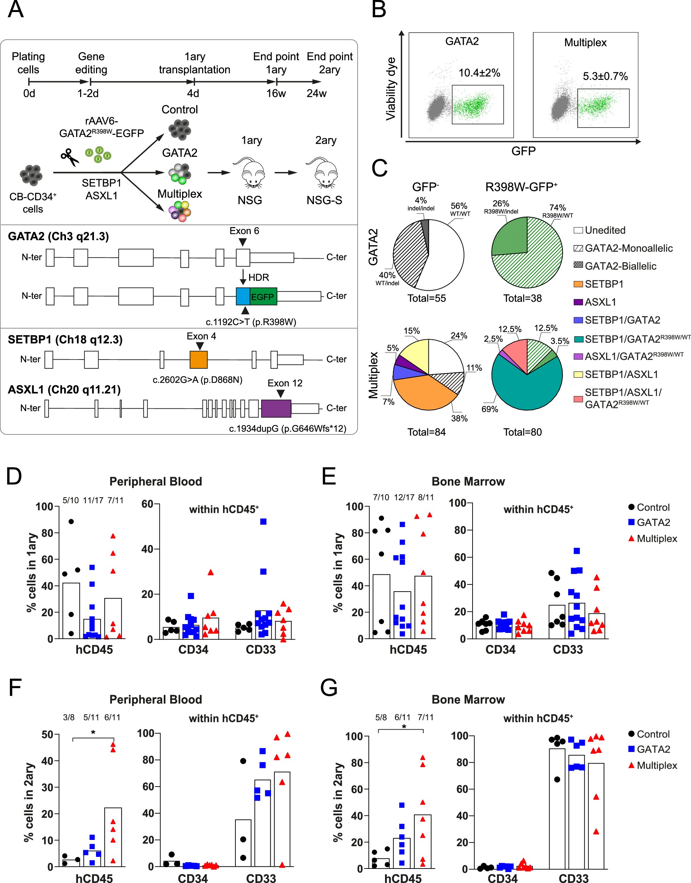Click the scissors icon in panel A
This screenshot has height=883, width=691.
coord(70,157)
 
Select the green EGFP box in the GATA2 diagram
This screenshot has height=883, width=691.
coord(263,296)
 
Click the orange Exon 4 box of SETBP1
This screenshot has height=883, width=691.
coord(199,360)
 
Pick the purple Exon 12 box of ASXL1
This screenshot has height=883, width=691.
coord(276,408)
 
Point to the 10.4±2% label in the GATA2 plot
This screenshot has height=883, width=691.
coord(479,73)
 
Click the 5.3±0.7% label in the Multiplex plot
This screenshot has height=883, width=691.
coord(605,76)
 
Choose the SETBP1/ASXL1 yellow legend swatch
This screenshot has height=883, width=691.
coord(578,374)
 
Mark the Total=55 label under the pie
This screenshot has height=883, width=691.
coord(426,298)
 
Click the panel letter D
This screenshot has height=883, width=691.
coord(14,476)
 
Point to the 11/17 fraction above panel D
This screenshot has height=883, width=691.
coord(93,500)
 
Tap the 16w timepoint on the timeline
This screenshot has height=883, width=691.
coord(276,94)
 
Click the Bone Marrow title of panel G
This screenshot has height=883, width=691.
coord(468,699)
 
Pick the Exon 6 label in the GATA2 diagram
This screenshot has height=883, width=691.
coord(244,231)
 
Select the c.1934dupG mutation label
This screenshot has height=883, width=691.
coord(287,428)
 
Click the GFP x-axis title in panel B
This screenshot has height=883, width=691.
coord(523,151)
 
